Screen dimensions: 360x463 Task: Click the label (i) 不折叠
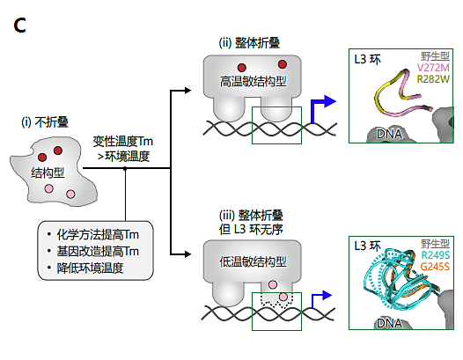pos(46,122)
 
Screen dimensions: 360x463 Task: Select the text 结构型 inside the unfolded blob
pos(48,170)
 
